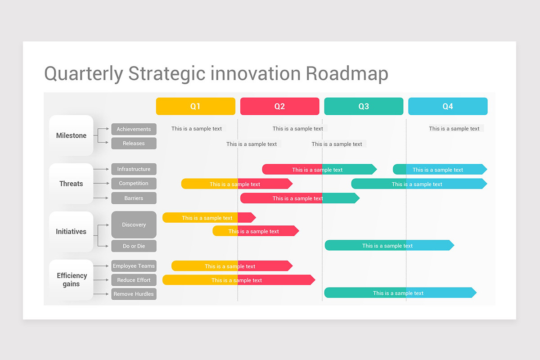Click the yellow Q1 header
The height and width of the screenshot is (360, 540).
(x=195, y=106)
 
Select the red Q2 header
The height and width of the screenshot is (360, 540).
(x=279, y=106)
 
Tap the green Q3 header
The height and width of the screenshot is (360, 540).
(x=364, y=106)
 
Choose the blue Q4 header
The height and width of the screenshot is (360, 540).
(x=448, y=106)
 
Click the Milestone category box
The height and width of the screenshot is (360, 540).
(x=71, y=135)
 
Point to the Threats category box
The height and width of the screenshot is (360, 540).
(x=71, y=184)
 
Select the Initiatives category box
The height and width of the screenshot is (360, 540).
(x=71, y=232)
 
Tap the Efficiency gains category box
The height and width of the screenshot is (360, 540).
(x=71, y=280)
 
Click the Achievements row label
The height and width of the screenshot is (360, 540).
(x=134, y=129)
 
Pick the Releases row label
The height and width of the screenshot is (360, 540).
(x=134, y=144)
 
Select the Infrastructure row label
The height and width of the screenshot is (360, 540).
(x=134, y=169)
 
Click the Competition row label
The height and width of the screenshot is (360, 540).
(x=134, y=184)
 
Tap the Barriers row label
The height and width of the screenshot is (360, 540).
(x=134, y=198)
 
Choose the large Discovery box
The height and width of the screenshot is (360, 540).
(x=134, y=225)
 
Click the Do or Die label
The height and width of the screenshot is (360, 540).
(x=134, y=246)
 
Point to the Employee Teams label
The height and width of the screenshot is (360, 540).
(x=134, y=266)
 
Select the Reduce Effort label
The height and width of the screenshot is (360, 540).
(x=134, y=280)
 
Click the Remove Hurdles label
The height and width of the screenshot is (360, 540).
(x=134, y=294)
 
